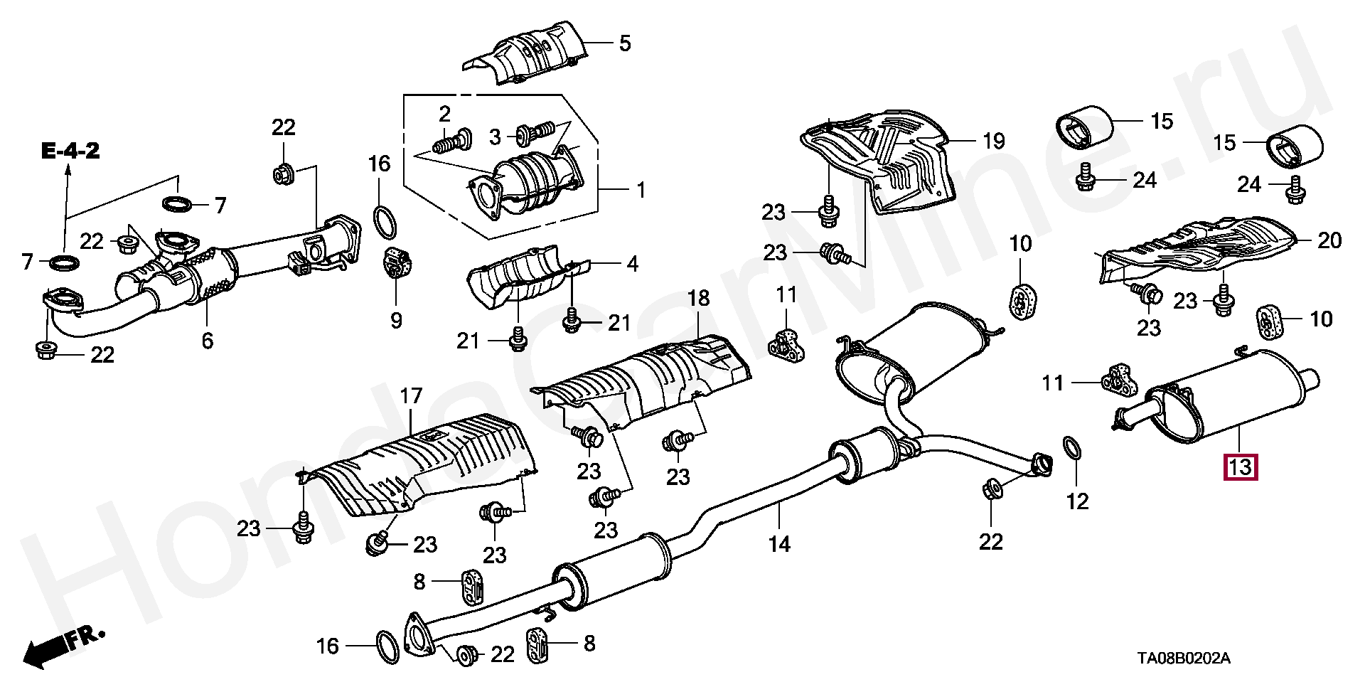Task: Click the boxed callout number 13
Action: click(x=1240, y=468)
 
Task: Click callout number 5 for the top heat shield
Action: click(x=623, y=43)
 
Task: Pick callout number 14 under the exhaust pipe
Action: click(x=779, y=544)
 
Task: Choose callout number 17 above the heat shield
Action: click(x=411, y=396)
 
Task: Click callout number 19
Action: click(x=993, y=141)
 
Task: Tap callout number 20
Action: click(x=1329, y=240)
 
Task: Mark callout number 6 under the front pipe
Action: click(x=207, y=341)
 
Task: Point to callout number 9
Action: click(x=396, y=321)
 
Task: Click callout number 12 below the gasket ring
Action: click(x=1078, y=501)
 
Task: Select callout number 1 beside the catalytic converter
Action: click(x=640, y=191)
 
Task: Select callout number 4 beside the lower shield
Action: click(x=632, y=265)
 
